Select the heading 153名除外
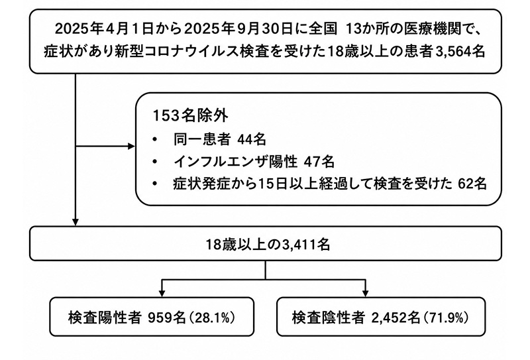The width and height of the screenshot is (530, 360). coord(191,116)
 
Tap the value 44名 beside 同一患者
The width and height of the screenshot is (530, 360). coord(252,139)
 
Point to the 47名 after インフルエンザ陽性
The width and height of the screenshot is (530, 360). coord(319,161)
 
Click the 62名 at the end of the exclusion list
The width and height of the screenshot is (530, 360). coord(472,184)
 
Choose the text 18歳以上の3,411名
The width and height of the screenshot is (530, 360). coord(268,244)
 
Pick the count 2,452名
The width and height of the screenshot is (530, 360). coord(396,318)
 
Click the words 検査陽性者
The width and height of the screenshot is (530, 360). coord(105,318)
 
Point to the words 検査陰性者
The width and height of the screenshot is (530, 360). coord(328,318)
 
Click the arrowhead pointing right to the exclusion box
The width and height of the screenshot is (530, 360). coord(131,147)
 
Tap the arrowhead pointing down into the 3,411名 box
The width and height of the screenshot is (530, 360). coord(76,221)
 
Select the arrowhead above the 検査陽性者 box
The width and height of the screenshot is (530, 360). coord(162,293)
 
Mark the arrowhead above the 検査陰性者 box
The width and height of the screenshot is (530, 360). coord(365,293)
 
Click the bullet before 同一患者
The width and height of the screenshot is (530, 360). coord(155,139)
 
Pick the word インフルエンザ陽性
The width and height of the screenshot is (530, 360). coord(236,161)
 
